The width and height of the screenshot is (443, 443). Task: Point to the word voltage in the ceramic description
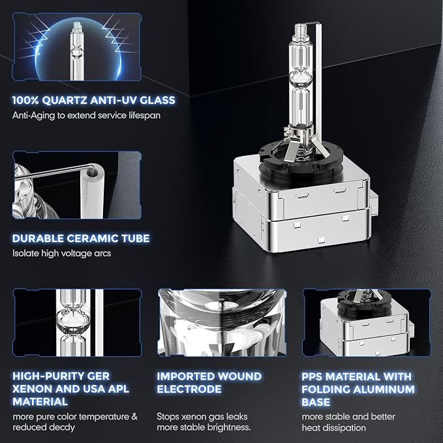tap(76, 253)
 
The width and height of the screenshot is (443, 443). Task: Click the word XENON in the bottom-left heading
tap(32, 389)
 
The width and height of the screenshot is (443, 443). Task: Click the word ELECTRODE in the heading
tap(189, 389)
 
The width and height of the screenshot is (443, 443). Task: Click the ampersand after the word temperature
tap(134, 417)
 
